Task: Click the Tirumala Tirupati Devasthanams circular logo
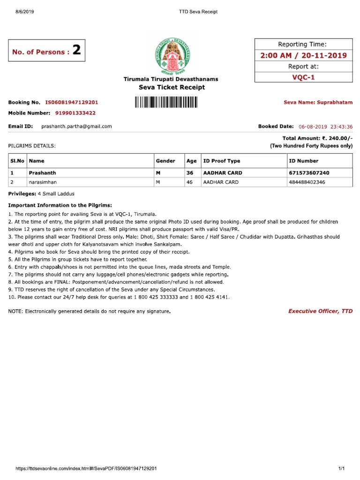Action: point(171,55)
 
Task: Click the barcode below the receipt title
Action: point(166,102)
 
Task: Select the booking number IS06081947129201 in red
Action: point(72,102)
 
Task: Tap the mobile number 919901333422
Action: point(75,113)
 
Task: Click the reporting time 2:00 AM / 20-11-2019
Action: point(303,56)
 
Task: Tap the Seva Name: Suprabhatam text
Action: point(318,102)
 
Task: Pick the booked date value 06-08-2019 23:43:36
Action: point(325,127)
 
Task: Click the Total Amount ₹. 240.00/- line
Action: point(317,138)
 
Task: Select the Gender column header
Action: point(165,161)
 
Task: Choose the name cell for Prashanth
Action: point(43,172)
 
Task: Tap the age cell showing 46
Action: point(190,182)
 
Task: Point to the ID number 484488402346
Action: point(307,182)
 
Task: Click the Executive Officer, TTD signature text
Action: point(320,311)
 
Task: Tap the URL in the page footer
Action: point(86,469)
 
